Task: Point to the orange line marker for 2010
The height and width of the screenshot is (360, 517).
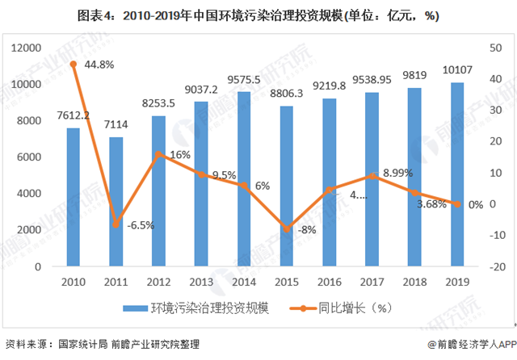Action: click(74, 64)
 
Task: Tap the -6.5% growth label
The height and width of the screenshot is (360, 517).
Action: click(137, 224)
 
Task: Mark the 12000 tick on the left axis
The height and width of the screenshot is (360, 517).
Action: click(28, 48)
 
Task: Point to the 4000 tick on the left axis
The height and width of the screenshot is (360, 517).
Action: click(33, 193)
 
